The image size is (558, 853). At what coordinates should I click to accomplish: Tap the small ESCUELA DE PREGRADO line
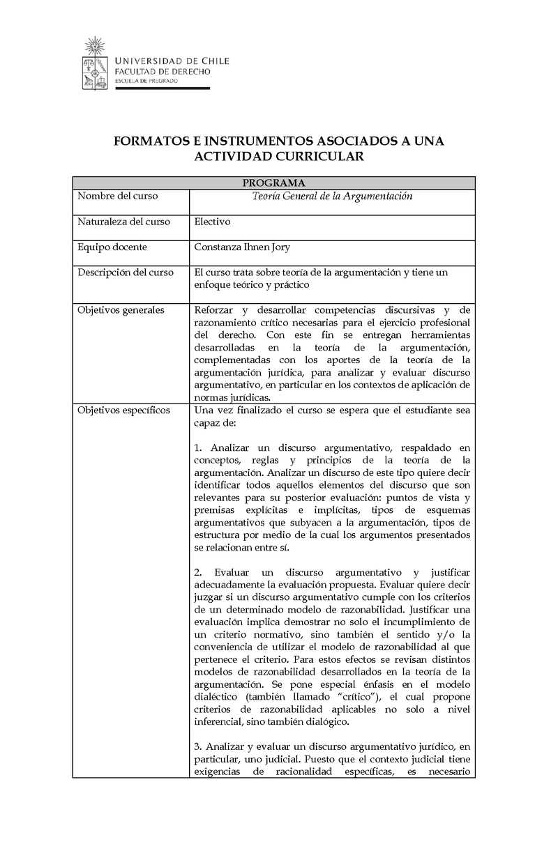pos(146,81)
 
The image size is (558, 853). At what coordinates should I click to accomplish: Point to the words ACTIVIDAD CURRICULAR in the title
pos(279,157)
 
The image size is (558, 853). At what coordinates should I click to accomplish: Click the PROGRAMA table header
pos(273,183)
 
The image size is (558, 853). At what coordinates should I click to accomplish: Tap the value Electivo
pos(212,222)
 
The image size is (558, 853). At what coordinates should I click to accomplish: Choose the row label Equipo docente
pos(112,247)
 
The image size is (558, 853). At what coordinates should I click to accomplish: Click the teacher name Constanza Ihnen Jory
pos(242,247)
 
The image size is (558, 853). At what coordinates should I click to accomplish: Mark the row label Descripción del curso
pos(126,272)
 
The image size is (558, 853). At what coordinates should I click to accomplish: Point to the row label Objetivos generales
pos(121,309)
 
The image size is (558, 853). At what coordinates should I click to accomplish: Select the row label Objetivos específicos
pos(123,410)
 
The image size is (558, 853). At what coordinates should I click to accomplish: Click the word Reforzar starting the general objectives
pos(215,309)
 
